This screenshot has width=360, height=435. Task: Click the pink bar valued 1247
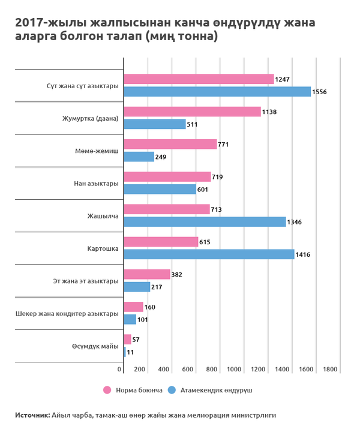coord(198,79)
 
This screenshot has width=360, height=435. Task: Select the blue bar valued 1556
coord(217,92)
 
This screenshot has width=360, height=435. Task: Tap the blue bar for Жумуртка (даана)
coord(154,124)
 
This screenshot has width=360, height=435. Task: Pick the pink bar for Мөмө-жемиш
coord(170,144)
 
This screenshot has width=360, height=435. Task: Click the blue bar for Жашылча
coord(204,222)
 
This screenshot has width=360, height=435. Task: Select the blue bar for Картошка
coord(208,254)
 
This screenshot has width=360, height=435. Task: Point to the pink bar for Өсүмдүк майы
coord(127,339)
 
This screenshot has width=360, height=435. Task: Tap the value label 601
coord(203,190)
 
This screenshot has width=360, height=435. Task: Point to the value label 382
coord(177,274)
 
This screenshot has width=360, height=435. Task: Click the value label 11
coord(130,352)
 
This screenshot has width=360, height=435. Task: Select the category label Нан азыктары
coord(92,183)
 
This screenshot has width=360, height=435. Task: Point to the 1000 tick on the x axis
coord(234,368)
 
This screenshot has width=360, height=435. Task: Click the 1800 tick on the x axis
coord(330,368)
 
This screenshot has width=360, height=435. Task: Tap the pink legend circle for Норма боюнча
coord(107,389)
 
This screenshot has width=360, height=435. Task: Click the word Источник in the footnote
coord(32,415)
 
